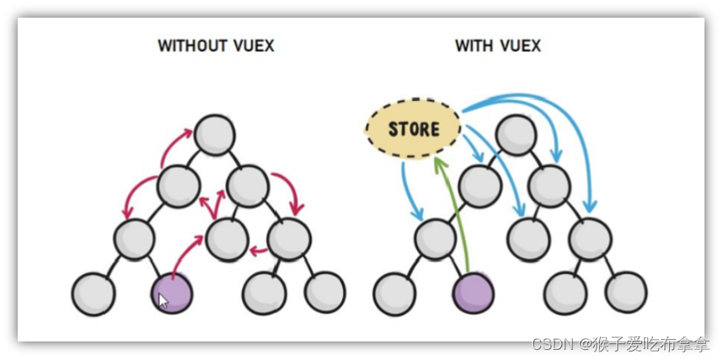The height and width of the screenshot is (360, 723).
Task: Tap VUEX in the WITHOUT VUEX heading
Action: pyautogui.click(x=254, y=46)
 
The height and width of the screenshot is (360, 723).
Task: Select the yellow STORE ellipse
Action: pyautogui.click(x=413, y=129)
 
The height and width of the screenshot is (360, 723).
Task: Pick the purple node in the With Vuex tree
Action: pyautogui.click(x=473, y=293)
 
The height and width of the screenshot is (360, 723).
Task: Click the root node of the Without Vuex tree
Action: pyautogui.click(x=215, y=134)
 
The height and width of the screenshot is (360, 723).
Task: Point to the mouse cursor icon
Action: pyautogui.click(x=163, y=300)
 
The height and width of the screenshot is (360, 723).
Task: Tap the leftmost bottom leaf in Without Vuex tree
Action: pyautogui.click(x=93, y=293)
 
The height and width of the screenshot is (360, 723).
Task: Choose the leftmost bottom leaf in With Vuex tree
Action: pyautogui.click(x=394, y=293)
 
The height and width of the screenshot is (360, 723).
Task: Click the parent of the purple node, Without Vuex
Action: pyautogui.click(x=135, y=239)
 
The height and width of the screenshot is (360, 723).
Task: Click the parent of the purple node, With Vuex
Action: pyautogui.click(x=436, y=239)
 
